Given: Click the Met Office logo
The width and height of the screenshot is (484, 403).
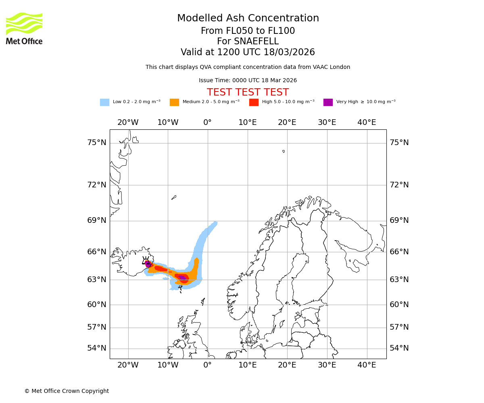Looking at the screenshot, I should pos(24,28).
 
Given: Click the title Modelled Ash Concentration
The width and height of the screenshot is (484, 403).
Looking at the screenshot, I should pos(248,19).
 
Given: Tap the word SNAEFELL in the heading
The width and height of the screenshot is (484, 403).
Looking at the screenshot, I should pos(248,42).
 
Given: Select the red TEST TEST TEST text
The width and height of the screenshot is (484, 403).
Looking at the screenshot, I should pos(248,92).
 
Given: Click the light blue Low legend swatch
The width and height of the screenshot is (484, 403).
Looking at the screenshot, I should pos(104,102).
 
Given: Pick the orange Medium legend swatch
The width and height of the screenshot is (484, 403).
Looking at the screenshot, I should pos(174,102).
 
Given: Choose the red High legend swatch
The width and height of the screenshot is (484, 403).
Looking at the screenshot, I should pos(254,102).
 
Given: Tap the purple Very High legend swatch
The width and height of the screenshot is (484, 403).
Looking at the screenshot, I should pos(328,102).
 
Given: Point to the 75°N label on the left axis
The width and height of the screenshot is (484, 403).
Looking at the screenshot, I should pos(97,143).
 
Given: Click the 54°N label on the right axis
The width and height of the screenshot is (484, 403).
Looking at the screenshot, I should pos(399,348).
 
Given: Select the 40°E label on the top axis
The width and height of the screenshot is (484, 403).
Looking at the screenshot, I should pos(367,123).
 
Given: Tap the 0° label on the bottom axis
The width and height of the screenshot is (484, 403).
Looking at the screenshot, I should pos(207,365).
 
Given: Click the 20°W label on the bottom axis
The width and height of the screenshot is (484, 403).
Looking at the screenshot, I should pos(128,365).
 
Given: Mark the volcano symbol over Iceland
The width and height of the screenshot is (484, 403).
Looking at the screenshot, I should pos(146,261).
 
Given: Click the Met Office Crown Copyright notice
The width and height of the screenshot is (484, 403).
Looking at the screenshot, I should pos(67,391).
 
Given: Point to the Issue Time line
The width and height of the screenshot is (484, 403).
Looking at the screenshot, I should pos(248,81).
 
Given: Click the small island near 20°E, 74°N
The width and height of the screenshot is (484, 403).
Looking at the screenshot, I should pos(284,152).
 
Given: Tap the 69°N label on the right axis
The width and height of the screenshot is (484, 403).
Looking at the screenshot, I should pos(399,220).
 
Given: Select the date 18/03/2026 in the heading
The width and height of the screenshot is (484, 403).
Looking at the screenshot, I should pos(289,52).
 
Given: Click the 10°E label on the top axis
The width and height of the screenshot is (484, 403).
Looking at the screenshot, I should pos(247,123).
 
